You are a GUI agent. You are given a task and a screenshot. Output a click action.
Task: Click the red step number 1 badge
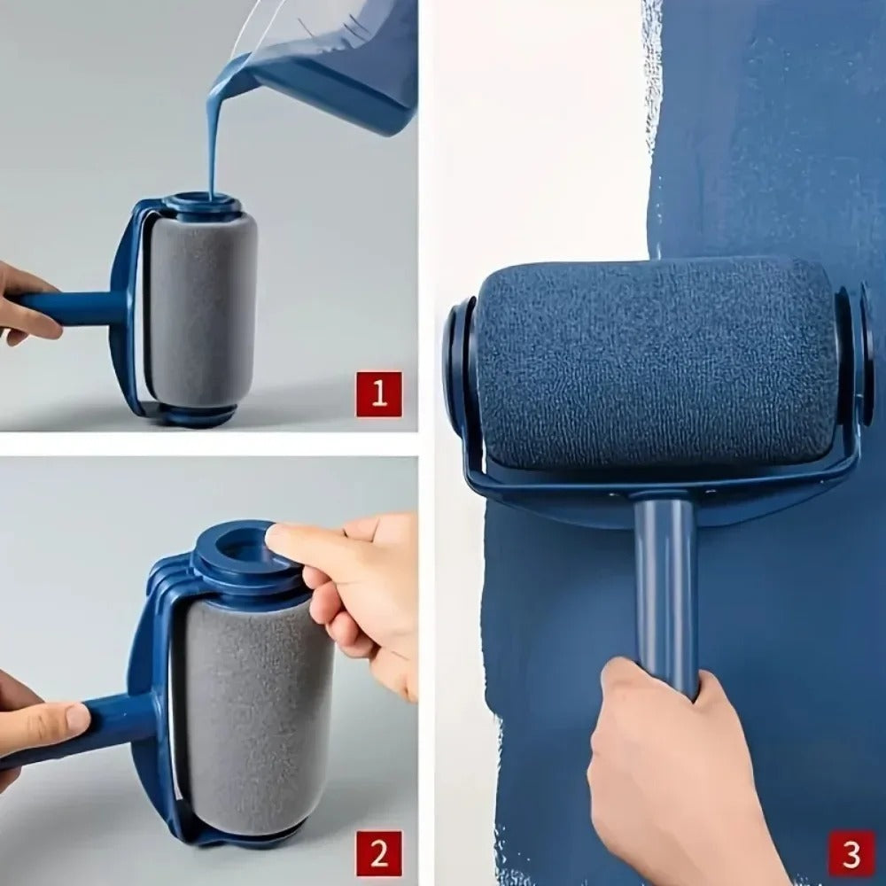coord(379,394)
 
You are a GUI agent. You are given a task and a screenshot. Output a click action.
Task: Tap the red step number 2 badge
coord(379,854)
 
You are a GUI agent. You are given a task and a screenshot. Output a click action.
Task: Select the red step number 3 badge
coord(851,854)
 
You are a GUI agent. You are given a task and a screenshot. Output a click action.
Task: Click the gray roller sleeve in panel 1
coord(202,310)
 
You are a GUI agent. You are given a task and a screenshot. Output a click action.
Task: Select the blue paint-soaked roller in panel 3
coord(656,363)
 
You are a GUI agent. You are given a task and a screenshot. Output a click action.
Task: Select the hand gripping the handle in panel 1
coord(22,301)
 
